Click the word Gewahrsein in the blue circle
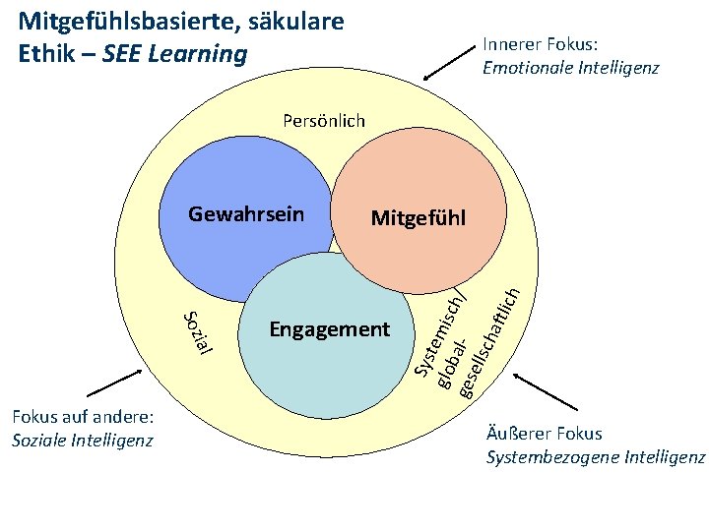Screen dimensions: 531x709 point(245,214)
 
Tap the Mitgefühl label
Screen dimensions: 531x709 point(419,217)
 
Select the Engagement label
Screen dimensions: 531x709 point(330,328)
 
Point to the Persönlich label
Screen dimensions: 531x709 point(323,121)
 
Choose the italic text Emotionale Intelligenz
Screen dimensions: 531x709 point(570,68)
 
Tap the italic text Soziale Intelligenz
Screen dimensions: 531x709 point(83,440)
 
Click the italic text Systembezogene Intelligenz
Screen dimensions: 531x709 point(596,457)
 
